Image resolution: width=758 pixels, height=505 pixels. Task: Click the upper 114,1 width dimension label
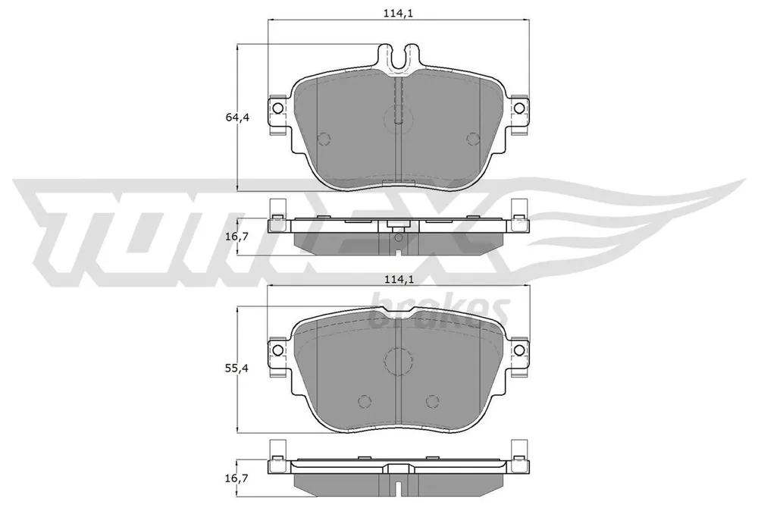pyautogui.click(x=398, y=13)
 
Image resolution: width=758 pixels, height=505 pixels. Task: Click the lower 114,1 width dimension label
pyautogui.click(x=399, y=278)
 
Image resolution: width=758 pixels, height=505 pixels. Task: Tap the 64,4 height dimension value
pyautogui.click(x=236, y=117)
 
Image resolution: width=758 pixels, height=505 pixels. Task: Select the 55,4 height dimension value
pyautogui.click(x=236, y=369)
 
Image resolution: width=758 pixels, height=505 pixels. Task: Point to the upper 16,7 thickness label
pyautogui.click(x=236, y=237)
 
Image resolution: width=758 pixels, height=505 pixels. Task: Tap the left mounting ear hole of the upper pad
pyautogui.click(x=277, y=108)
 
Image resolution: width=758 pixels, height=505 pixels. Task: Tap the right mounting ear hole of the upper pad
pyautogui.click(x=518, y=108)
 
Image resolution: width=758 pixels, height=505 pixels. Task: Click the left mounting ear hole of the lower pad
pyautogui.click(x=277, y=350)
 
